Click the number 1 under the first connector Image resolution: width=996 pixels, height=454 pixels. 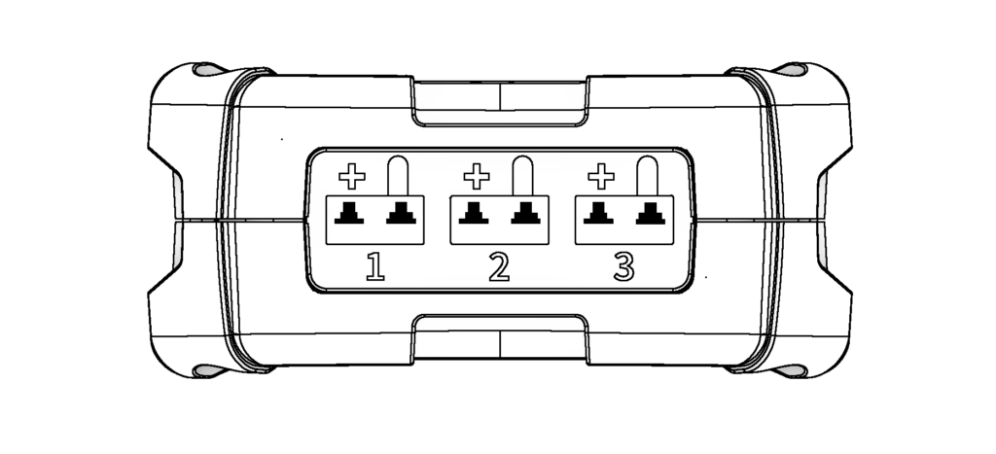point(374,265)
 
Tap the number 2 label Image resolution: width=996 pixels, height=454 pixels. point(499,265)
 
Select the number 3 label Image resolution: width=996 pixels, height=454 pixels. point(624,265)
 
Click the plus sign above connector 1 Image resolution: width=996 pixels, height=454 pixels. point(351,176)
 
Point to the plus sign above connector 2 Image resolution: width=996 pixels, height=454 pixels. point(476,176)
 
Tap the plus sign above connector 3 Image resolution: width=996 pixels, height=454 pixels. point(602,176)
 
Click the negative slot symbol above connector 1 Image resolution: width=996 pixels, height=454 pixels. point(398,176)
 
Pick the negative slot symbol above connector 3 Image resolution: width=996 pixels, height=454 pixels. point(646,176)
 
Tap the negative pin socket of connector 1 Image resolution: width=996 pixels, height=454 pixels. point(399,213)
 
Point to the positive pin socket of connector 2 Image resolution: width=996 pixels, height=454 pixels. point(474,213)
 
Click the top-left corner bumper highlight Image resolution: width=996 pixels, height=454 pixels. point(206,70)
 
